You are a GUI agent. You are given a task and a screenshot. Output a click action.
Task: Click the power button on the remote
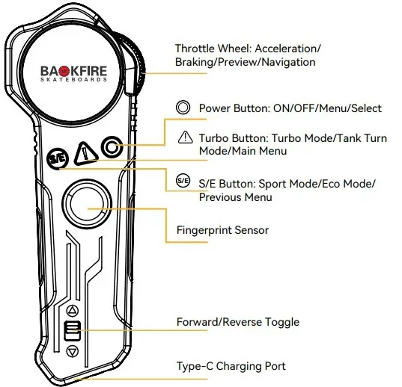112,147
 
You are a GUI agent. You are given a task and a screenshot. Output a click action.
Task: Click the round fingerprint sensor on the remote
84,204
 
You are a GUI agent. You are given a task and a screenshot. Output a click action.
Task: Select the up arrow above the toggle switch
72,310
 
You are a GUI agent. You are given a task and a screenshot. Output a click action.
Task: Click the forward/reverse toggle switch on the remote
72,330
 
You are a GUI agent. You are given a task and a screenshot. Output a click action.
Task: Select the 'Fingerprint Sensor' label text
222,230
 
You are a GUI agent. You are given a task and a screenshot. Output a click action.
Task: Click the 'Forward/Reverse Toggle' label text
237,322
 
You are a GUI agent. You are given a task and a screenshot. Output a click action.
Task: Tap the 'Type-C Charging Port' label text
231,366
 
